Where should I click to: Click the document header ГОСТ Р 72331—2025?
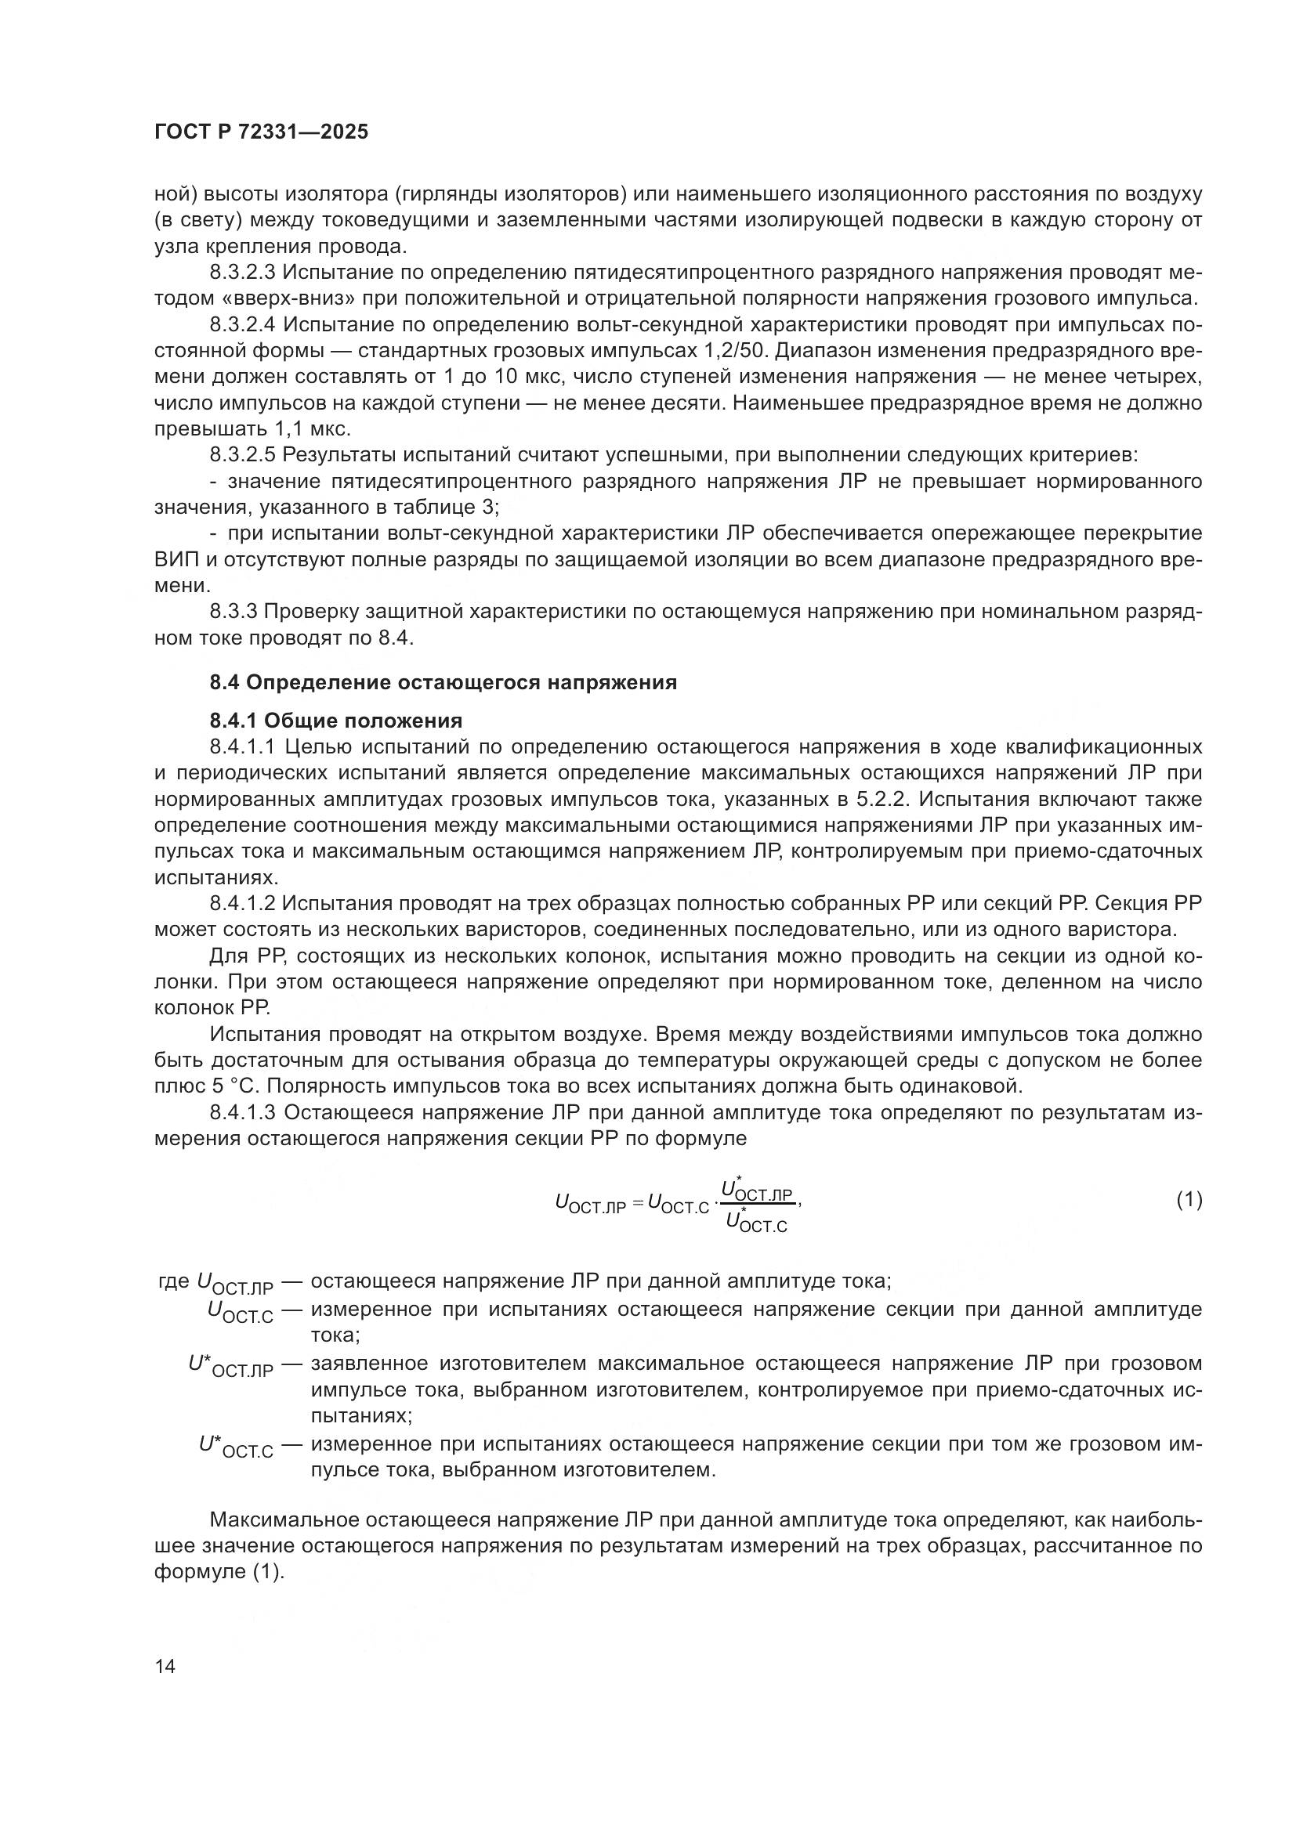click(x=261, y=132)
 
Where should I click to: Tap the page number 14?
click(x=165, y=1666)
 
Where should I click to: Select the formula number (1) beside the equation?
click(x=1189, y=1199)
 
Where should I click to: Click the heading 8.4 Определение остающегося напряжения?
click(x=443, y=682)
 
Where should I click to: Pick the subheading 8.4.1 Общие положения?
click(x=336, y=721)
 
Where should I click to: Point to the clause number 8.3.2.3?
click(x=243, y=273)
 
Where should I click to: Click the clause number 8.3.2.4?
click(x=243, y=325)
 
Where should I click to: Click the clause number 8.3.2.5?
click(x=243, y=456)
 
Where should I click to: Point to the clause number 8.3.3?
click(x=233, y=612)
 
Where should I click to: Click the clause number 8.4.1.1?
click(x=243, y=748)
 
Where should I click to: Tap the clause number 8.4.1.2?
click(x=243, y=904)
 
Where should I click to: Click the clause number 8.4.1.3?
click(x=243, y=1112)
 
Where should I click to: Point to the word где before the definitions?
click(x=173, y=1282)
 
